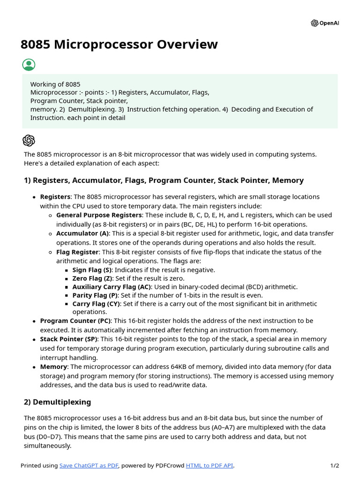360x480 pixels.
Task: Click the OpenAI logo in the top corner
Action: click(x=324, y=23)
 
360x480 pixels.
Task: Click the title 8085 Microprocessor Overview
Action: click(x=119, y=45)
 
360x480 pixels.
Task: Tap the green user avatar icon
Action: click(x=29, y=65)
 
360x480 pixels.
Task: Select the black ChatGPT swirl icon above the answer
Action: click(x=29, y=140)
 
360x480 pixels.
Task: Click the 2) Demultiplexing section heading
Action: click(x=57, y=402)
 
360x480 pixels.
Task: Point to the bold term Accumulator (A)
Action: click(x=82, y=233)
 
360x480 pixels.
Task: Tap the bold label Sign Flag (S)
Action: click(x=92, y=270)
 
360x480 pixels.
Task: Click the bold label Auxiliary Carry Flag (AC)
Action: click(x=111, y=287)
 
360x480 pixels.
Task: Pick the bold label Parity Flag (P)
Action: click(x=95, y=295)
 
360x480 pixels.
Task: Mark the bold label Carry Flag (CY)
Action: click(x=96, y=304)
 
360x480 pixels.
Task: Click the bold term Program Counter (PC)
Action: click(x=75, y=321)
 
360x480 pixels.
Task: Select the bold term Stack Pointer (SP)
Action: click(x=69, y=339)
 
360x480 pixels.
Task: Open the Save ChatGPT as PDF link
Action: click(x=89, y=465)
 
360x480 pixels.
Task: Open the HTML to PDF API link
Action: click(x=209, y=465)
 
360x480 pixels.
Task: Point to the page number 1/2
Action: click(x=334, y=465)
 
